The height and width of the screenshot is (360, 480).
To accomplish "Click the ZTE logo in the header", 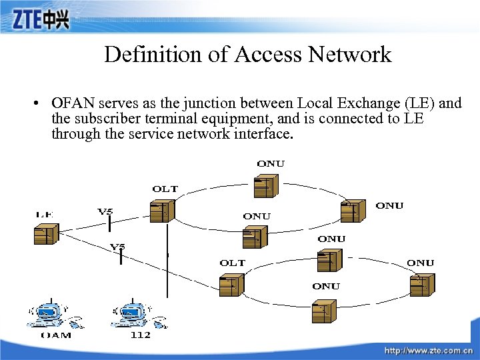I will point(40,20).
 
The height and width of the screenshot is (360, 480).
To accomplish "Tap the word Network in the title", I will point(353,54).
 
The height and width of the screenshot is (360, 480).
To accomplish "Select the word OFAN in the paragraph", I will point(71,103).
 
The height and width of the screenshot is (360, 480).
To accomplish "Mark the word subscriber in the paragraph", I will point(102,119).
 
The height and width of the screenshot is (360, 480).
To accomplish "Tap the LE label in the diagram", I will point(45,215).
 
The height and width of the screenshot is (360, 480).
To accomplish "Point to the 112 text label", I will point(140,335).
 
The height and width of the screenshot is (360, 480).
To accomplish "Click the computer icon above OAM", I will point(49,314).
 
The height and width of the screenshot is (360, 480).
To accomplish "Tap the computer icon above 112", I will point(133,314).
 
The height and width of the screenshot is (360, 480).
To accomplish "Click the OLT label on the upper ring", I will point(165,189).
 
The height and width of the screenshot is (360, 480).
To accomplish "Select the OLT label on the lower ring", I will point(232,263).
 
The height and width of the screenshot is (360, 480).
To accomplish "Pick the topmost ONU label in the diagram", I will point(270,163).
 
